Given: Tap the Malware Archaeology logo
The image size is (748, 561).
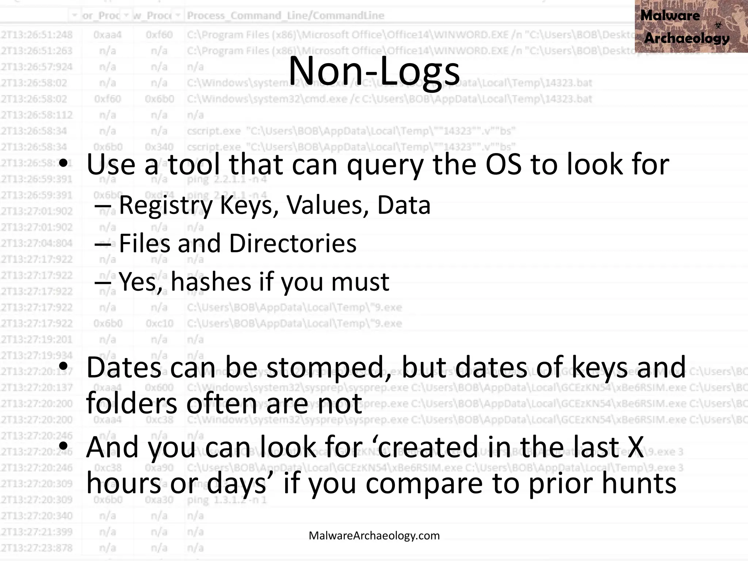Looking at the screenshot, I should click(691, 26).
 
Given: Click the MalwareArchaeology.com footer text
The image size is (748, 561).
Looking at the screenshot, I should click(374, 535).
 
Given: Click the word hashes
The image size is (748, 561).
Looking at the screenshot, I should click(211, 282).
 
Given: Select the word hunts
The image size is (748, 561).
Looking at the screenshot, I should click(639, 483).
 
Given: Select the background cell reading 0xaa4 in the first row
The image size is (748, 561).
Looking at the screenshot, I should click(107, 35).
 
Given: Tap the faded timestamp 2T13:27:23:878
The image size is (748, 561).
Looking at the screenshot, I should click(37, 548).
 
